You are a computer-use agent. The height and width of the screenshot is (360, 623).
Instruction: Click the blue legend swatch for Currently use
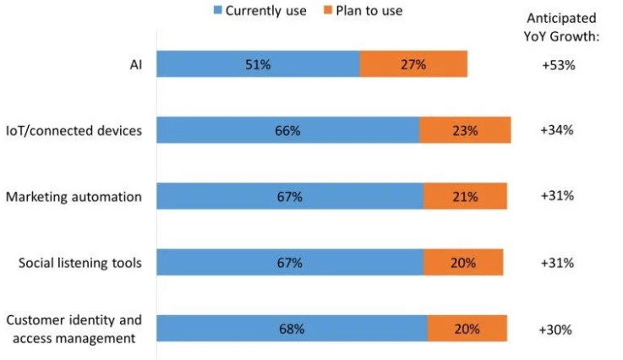coord(217,11)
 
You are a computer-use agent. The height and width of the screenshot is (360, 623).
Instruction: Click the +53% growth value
coord(558,64)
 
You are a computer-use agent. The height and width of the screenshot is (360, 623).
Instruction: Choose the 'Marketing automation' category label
coord(74,196)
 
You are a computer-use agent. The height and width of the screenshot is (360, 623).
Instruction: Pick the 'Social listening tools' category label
coord(80,262)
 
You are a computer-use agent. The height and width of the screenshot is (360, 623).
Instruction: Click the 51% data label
coord(257,64)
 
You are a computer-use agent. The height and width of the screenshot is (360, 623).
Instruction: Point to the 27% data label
coord(414,64)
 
